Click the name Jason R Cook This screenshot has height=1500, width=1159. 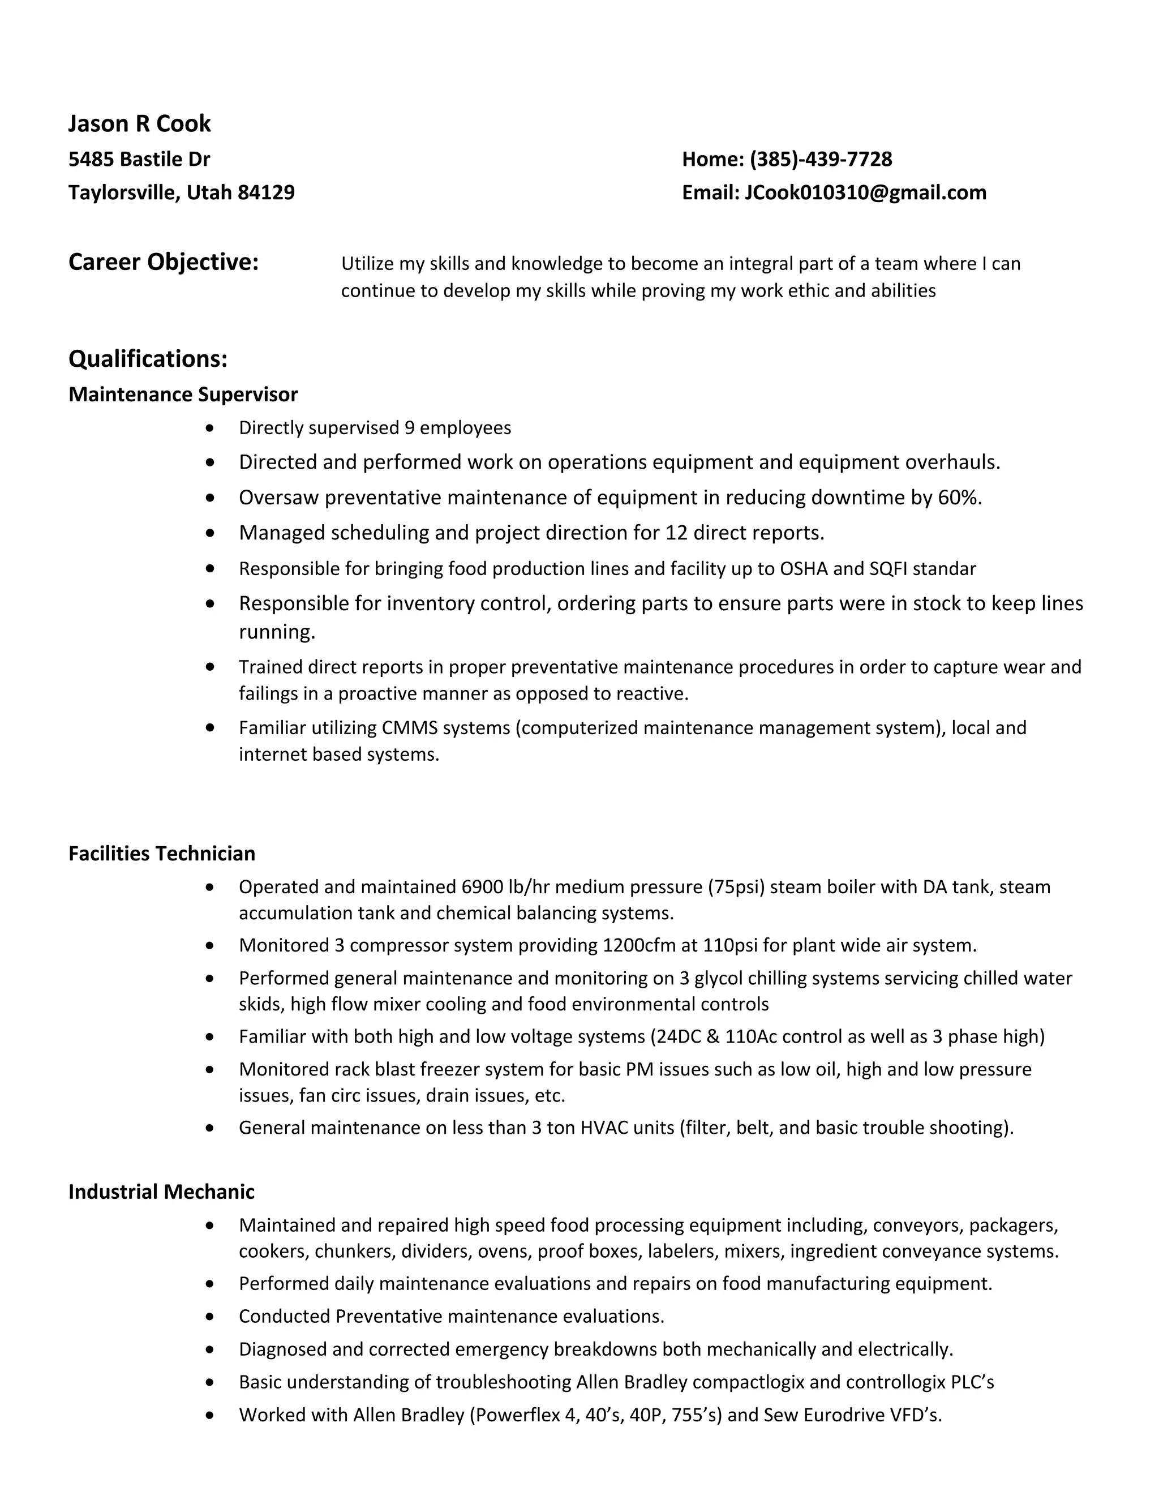[139, 123]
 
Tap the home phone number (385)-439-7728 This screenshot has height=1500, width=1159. [821, 160]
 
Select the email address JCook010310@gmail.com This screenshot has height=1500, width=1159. [865, 192]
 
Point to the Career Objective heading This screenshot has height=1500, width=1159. [164, 263]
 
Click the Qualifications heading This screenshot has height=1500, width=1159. [148, 358]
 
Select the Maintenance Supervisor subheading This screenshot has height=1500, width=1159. [183, 394]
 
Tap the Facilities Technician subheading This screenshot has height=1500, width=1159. [161, 853]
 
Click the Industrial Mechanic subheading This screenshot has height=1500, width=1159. [161, 1192]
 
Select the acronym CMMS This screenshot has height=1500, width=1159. [409, 727]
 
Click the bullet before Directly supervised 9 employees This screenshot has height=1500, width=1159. [210, 428]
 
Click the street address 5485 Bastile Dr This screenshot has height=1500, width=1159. [139, 160]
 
